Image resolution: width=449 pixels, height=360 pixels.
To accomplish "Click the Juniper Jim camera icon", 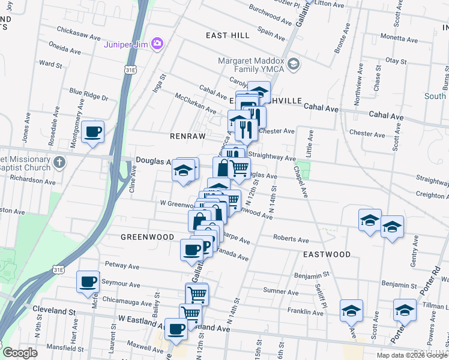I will pyautogui.click(x=157, y=43).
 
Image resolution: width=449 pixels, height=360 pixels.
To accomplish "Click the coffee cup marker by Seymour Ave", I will pyautogui.click(x=88, y=281).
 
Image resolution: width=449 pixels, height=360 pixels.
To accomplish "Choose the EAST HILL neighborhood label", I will pyautogui.click(x=228, y=35).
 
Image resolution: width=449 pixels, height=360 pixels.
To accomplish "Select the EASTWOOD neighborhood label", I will pyautogui.click(x=326, y=254).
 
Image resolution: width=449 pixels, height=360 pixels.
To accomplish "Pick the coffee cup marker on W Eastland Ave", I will pyautogui.click(x=176, y=329).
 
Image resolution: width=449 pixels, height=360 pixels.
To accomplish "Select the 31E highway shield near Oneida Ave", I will pyautogui.click(x=129, y=70).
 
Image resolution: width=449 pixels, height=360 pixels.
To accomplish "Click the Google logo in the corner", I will pyautogui.click(x=20, y=353).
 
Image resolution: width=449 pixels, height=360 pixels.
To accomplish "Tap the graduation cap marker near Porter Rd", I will pyautogui.click(x=405, y=311).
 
